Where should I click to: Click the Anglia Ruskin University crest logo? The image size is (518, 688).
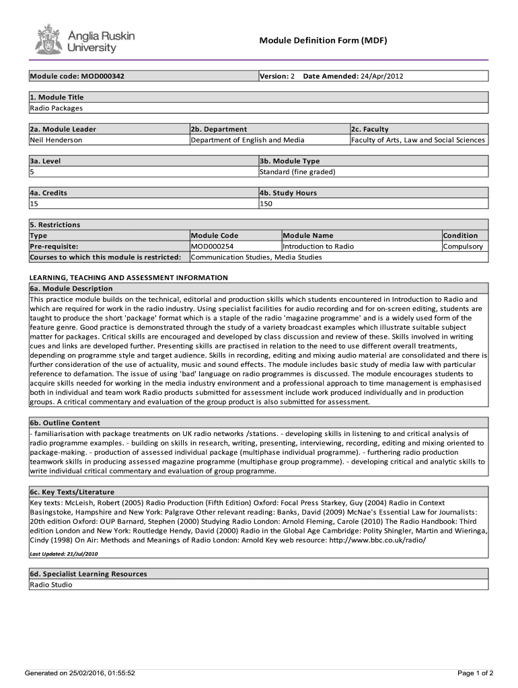48,40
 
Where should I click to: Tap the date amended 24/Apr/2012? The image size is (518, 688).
382,76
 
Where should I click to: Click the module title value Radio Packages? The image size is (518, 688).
56,108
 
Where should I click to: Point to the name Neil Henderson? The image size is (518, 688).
56,140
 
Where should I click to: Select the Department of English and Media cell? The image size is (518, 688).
248,140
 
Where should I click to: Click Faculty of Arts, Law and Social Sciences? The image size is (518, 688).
418,140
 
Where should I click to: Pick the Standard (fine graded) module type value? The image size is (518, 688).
297,172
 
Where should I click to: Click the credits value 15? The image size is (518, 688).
34,204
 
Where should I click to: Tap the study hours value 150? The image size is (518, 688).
266,204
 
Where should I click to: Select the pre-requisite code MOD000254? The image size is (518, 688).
213,247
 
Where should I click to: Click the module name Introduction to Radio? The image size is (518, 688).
318,247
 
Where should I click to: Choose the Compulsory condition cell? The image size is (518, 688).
463,247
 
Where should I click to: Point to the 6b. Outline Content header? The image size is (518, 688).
65,423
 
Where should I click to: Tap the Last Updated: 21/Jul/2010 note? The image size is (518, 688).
64,554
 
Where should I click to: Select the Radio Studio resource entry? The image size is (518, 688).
51,585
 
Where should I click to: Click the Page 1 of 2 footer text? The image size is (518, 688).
476,673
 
